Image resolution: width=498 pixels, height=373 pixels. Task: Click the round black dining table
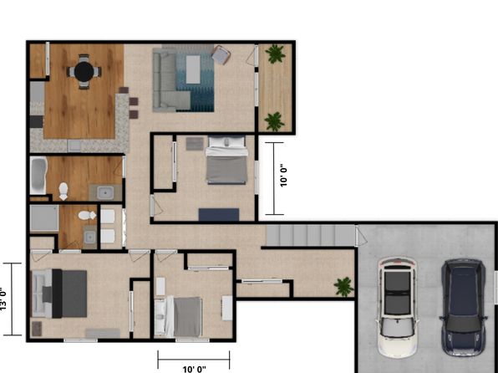84,72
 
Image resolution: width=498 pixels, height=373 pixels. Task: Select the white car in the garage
397,307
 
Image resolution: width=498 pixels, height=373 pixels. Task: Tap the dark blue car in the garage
464,307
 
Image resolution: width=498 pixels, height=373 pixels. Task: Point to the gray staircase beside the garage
310,235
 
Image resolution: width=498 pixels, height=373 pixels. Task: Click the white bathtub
38,176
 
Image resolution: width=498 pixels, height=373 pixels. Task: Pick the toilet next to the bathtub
64,191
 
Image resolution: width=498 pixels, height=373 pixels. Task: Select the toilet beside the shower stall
87,215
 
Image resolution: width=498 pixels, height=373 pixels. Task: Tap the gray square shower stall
44,218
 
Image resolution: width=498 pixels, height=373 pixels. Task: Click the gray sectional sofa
168,82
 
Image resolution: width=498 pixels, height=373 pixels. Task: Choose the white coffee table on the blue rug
193,69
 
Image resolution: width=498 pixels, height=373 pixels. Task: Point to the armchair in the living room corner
221,54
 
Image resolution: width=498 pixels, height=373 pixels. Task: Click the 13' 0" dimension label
3,299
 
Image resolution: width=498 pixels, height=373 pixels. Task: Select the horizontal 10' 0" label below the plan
194,369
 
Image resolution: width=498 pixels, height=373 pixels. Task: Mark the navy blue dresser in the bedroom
219,214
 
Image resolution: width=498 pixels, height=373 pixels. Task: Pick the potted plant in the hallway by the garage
343,287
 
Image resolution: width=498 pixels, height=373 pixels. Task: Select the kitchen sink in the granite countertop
75,146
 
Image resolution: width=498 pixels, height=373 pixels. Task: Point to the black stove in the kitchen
36,121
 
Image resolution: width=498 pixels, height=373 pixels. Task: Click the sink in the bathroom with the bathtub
105,192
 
